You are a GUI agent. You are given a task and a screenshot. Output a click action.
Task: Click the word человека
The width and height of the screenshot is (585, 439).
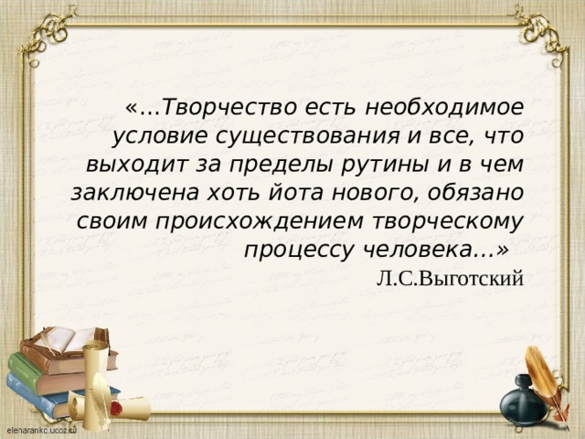tap(430, 249)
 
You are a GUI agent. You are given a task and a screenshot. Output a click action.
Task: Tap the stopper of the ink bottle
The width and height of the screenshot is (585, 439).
tap(523, 378)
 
